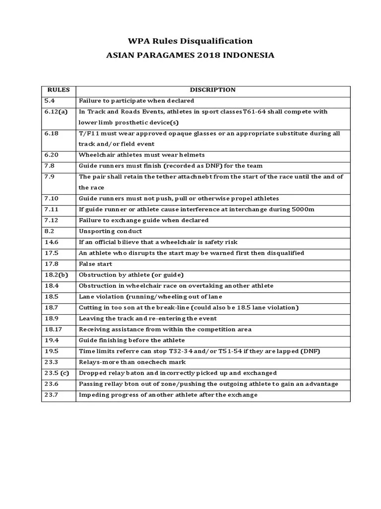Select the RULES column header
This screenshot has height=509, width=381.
[x=59, y=90]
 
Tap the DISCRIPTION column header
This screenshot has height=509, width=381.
[x=213, y=90]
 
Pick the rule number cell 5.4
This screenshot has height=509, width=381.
[x=50, y=101]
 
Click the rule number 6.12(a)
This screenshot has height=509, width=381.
[x=56, y=112]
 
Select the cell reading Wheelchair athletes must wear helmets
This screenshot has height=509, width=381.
[x=141, y=155]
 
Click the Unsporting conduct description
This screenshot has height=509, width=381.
[x=110, y=231]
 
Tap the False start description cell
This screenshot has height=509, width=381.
[x=95, y=264]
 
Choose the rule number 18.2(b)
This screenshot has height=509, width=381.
[x=56, y=275]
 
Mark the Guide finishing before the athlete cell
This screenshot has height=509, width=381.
[x=131, y=340]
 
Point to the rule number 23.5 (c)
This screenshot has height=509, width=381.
[x=57, y=373]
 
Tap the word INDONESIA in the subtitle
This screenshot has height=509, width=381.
[x=251, y=55]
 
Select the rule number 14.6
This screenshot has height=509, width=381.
[x=52, y=242]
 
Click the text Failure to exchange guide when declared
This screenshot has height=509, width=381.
[x=143, y=220]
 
